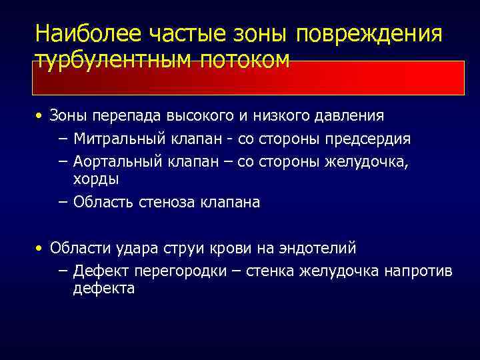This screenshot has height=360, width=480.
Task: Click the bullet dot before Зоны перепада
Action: point(41,116)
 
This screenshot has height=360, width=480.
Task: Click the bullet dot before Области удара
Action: point(41,249)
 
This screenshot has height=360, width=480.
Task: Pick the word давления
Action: point(351,116)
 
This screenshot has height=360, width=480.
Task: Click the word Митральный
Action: point(117,139)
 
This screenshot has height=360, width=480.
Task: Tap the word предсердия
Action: point(371,139)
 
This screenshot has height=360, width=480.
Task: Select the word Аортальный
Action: point(117,161)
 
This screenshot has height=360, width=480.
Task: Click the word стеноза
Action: point(167,202)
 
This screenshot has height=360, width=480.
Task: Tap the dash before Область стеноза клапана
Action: point(63,202)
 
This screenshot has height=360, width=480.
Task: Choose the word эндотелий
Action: point(318,249)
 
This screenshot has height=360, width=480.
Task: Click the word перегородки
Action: point(176,271)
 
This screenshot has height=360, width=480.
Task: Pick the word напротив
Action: point(422,271)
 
